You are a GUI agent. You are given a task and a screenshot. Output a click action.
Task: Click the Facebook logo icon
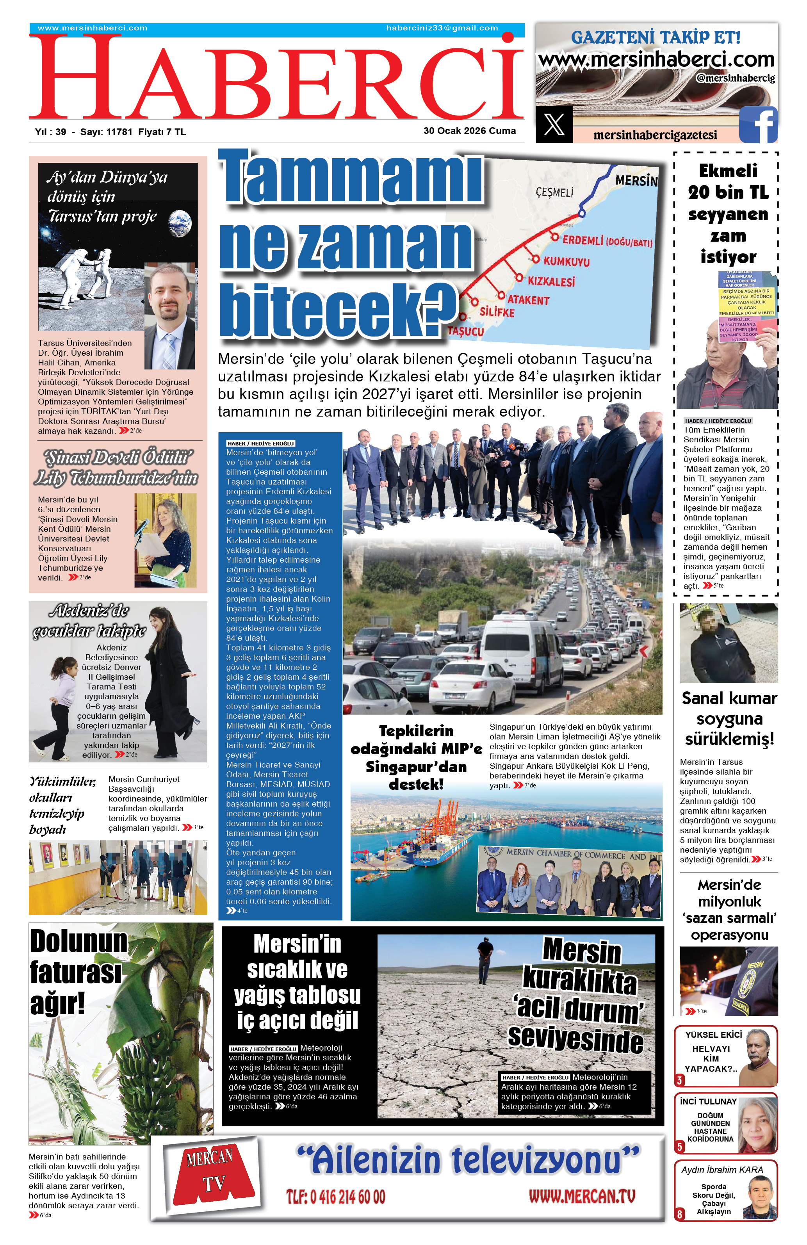(x=758, y=124)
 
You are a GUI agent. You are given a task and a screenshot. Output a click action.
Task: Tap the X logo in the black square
(x=554, y=124)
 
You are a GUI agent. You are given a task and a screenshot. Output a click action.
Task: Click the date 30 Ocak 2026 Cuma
(x=469, y=131)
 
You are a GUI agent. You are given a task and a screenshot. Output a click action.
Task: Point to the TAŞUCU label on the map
(x=465, y=331)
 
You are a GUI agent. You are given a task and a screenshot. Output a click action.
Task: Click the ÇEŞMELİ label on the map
(x=554, y=192)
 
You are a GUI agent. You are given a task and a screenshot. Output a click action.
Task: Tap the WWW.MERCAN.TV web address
(x=582, y=1196)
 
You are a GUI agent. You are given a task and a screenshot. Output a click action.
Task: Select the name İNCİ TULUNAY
(x=708, y=1101)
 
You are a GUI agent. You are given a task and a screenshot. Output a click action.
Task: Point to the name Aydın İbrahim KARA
(x=722, y=1170)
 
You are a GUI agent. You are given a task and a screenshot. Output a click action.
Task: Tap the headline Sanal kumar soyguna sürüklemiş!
(x=729, y=718)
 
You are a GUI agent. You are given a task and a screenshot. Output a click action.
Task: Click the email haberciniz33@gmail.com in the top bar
(x=442, y=28)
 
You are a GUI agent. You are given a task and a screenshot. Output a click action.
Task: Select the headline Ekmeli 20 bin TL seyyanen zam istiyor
(x=728, y=214)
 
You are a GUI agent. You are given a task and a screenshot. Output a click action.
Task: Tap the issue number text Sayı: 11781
(x=106, y=132)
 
